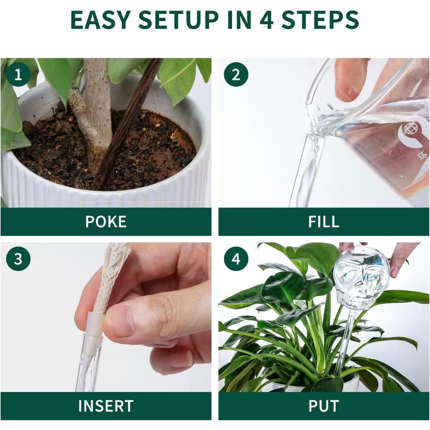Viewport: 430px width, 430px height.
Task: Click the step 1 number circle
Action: coord(18,75)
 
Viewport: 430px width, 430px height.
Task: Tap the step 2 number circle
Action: coord(236,75)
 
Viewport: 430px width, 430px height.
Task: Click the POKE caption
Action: coord(106,221)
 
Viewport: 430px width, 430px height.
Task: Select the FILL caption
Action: coord(324,221)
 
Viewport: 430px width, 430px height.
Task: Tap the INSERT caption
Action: coord(106,406)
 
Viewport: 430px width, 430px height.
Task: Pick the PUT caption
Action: coord(324,406)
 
